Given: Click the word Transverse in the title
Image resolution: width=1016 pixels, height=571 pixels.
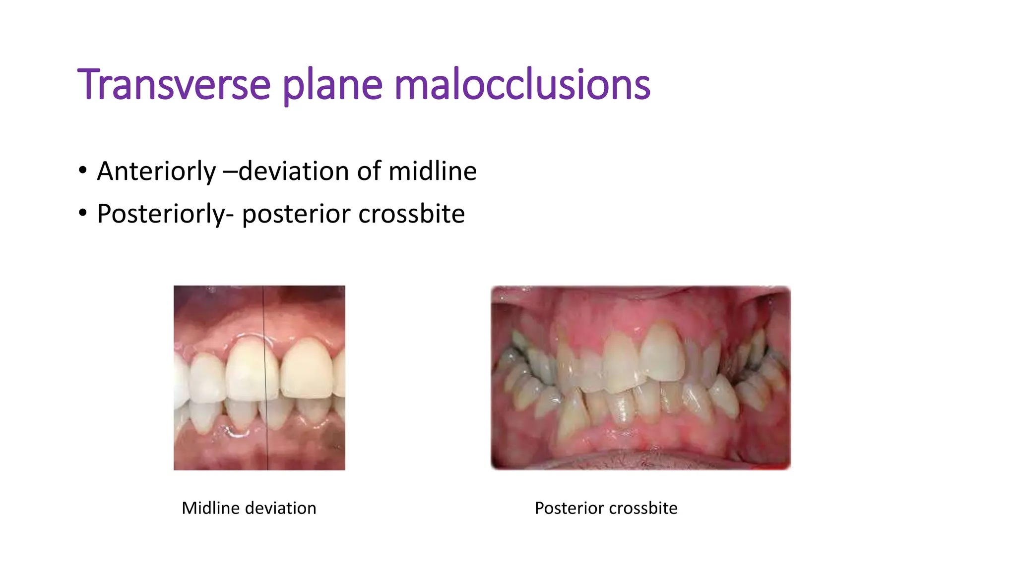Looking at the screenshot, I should click(174, 85).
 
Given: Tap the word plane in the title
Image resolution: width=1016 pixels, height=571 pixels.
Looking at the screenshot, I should click(332, 85).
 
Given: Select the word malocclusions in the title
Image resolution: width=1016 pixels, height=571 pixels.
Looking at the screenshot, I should click(522, 85).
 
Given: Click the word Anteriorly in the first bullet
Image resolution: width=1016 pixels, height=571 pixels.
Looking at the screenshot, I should click(156, 171).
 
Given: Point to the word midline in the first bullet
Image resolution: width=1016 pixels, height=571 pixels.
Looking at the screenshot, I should click(432, 171).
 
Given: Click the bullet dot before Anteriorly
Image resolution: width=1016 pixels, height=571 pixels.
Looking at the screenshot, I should click(83, 171).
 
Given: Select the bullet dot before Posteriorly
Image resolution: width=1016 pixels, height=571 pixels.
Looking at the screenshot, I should click(83, 213).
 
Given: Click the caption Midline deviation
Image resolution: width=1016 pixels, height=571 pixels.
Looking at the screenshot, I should click(249, 508).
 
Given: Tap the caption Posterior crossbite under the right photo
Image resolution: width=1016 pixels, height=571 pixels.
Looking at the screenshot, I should click(606, 508).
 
